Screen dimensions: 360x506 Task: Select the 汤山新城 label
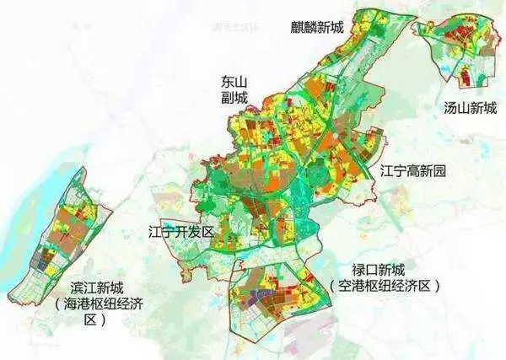[470, 108]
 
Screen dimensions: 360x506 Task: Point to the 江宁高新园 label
[412, 172]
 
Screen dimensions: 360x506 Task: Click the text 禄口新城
[379, 271]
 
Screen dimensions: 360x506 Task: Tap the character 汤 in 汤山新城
[451, 108]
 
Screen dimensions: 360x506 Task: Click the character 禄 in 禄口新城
[358, 271]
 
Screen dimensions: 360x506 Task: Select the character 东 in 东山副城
[218, 81]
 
